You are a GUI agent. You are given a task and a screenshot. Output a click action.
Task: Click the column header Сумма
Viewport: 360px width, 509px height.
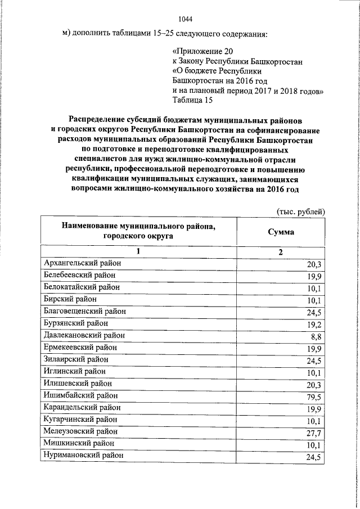281,232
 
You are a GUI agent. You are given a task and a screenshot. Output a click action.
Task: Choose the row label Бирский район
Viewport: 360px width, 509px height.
70,299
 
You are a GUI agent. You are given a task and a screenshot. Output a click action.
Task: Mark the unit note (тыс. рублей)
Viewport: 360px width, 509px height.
301,211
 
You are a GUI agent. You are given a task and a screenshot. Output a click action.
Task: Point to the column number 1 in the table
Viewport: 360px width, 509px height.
139,252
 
